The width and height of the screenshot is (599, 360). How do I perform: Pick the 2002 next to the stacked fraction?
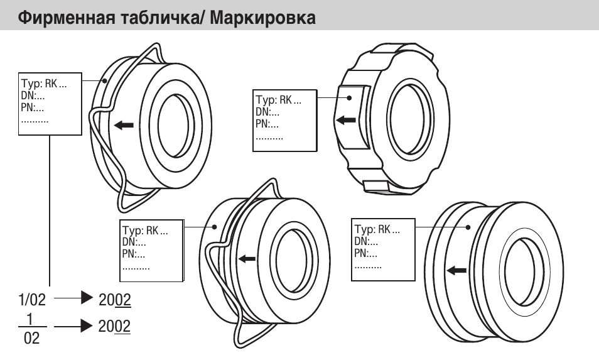115,326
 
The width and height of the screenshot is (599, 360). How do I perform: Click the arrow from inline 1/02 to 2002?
74,300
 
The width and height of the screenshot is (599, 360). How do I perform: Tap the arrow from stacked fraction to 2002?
74,326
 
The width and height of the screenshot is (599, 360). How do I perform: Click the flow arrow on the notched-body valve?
345,119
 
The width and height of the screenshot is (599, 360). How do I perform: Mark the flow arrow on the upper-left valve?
124,125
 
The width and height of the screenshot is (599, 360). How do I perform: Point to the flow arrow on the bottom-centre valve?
247,258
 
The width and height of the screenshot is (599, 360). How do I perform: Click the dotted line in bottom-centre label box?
136,267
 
